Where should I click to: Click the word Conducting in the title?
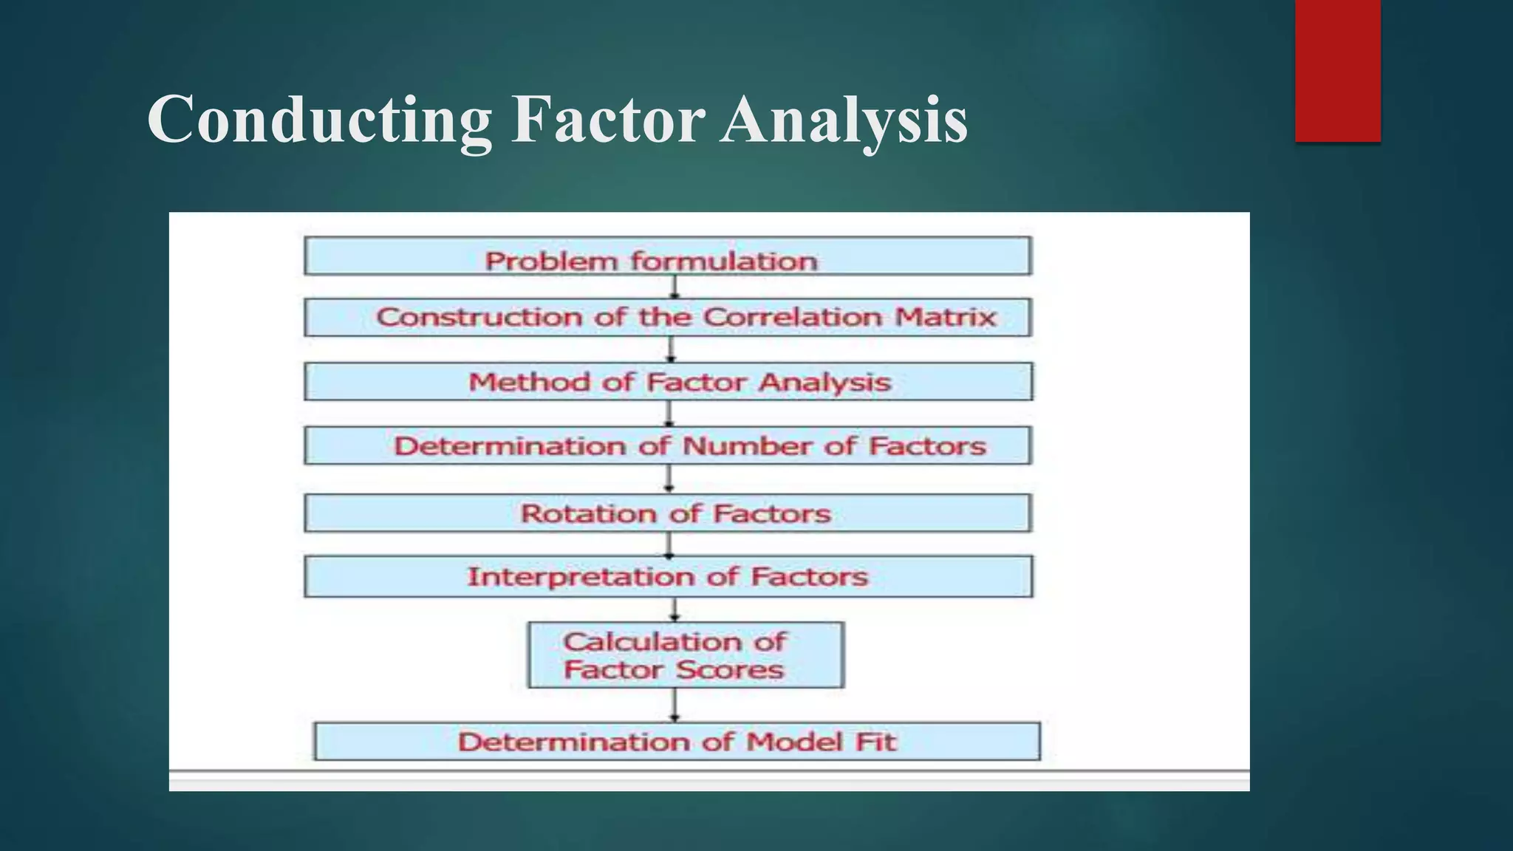(319, 120)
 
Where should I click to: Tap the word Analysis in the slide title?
(844, 120)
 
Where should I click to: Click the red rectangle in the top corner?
(1337, 71)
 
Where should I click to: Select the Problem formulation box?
(668, 256)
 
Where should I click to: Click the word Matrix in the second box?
(946, 317)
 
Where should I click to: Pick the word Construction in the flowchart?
(479, 317)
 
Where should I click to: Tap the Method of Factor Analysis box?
(668, 382)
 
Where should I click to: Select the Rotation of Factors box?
(668, 513)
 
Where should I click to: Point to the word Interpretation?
(581, 577)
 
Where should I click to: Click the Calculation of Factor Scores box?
(686, 655)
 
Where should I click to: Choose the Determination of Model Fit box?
(677, 742)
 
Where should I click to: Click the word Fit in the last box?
(876, 742)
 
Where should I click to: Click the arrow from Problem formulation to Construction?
(674, 287)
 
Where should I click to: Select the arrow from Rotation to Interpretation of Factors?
(669, 544)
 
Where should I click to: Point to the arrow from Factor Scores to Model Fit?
(674, 705)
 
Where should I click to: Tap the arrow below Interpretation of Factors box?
(674, 609)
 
